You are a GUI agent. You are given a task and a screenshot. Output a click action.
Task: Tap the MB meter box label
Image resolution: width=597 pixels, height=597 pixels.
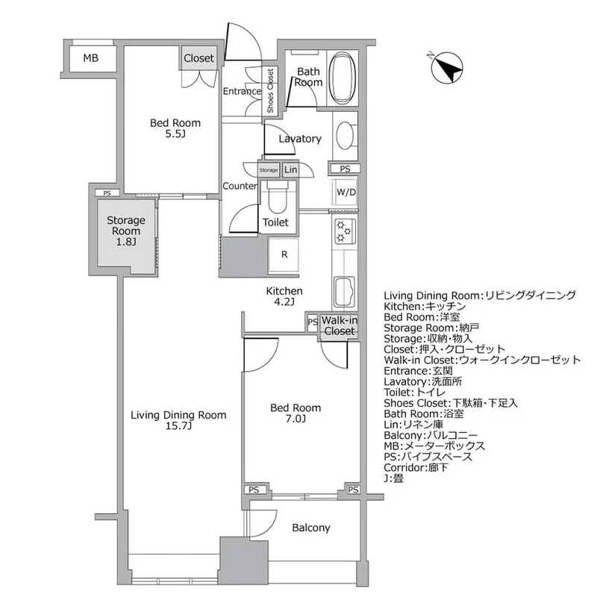click(90, 58)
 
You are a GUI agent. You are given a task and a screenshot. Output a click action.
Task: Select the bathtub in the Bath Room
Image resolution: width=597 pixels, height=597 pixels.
click(343, 78)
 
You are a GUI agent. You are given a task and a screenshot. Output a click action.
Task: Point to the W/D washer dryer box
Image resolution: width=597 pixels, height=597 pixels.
click(346, 193)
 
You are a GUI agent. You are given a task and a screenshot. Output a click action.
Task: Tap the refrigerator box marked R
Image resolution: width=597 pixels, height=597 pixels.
click(284, 254)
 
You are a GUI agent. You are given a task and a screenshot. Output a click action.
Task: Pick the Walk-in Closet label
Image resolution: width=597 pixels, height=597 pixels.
click(339, 326)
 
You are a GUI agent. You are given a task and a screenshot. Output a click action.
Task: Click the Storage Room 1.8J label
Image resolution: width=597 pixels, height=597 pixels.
click(125, 231)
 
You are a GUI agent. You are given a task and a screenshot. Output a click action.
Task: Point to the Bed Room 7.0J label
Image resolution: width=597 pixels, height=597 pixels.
click(296, 413)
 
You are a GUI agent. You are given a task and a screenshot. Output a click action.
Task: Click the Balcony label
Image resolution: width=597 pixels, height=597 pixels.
click(310, 528)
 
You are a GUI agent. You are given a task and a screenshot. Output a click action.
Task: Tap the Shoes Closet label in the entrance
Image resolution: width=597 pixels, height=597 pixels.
click(270, 91)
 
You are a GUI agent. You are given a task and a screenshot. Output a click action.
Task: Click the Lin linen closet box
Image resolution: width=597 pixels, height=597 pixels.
click(289, 170)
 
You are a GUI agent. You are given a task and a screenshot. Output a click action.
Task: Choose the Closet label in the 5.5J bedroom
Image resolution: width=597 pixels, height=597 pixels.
click(199, 58)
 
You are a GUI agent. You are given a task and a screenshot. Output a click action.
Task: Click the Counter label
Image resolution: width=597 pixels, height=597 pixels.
click(240, 186)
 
